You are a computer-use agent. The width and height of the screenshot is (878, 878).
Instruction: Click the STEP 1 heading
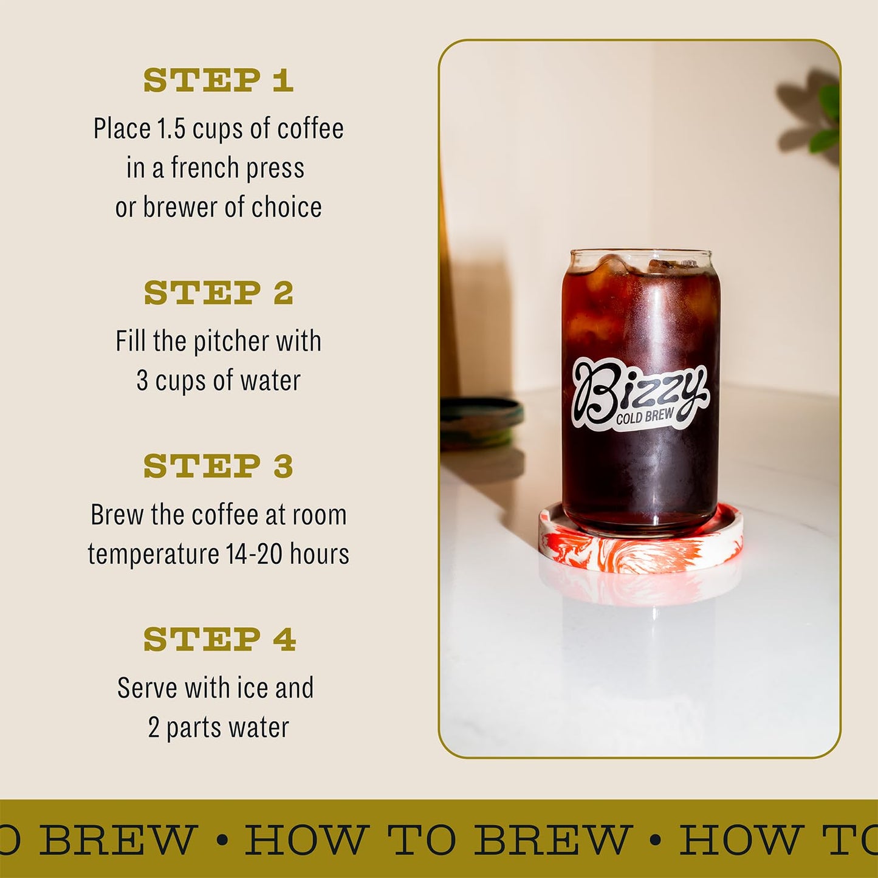(x=218, y=80)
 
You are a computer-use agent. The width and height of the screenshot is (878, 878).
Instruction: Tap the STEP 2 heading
(x=218, y=293)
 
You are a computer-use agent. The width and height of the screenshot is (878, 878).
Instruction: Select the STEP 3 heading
(x=218, y=466)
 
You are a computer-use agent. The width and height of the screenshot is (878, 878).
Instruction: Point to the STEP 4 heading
(x=219, y=639)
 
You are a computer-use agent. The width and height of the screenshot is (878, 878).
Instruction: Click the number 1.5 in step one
(x=171, y=129)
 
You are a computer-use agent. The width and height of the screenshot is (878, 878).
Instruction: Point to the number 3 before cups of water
(x=142, y=381)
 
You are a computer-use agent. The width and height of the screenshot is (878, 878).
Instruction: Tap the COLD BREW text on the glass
(x=644, y=416)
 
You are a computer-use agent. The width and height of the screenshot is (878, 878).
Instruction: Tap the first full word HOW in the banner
(x=306, y=840)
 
